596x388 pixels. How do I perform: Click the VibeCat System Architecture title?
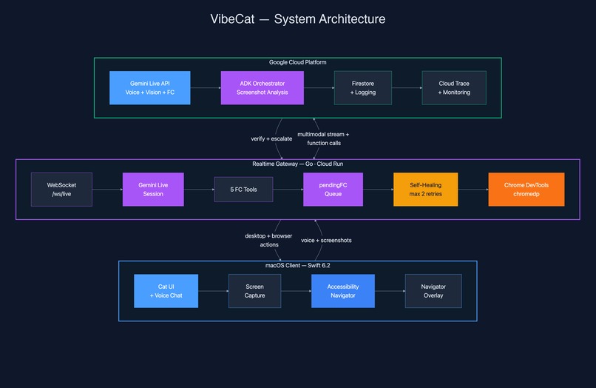pos(298,19)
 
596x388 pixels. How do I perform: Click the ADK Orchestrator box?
pos(263,87)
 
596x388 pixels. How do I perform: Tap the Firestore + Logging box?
pos(363,87)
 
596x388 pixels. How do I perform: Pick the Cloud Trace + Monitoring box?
pos(454,87)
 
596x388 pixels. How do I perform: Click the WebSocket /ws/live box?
pos(61,190)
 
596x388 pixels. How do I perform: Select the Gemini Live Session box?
pos(152,190)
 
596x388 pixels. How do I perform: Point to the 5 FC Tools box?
pos(243,190)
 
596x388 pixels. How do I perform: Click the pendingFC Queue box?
pos(333,190)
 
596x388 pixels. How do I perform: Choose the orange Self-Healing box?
pos(425,190)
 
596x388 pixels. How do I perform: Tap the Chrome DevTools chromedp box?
pos(526,190)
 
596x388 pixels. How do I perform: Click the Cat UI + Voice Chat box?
pos(166,290)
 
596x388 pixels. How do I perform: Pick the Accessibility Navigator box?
pos(342,290)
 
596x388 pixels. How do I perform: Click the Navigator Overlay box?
pos(433,290)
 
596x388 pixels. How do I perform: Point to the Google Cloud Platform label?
pos(298,62)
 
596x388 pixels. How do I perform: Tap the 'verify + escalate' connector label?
pos(271,138)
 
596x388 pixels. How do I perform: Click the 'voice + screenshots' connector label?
pos(326,240)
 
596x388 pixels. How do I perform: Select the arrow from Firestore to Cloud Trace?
pos(407,87)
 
